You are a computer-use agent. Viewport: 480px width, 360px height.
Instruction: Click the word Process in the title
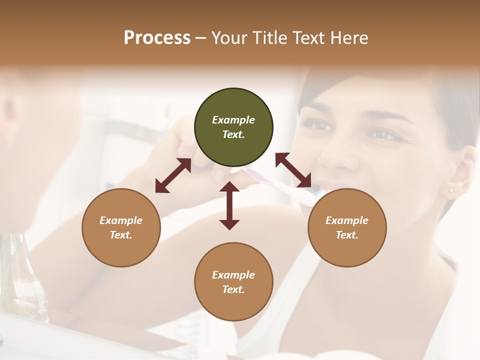(157, 38)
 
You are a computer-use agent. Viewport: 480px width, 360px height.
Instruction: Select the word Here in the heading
(349, 38)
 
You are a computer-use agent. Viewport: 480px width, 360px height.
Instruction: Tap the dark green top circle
(233, 127)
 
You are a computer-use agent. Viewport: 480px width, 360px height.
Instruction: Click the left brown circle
(121, 227)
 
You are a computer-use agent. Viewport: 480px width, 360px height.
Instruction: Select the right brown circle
(347, 227)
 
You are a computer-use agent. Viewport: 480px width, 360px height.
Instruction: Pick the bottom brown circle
(233, 282)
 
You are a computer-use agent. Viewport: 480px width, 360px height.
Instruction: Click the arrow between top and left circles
(173, 175)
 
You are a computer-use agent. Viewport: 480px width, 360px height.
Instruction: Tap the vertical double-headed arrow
(229, 205)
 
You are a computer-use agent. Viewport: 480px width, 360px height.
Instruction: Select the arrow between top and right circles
(293, 170)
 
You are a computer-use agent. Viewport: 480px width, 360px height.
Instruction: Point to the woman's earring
(450, 190)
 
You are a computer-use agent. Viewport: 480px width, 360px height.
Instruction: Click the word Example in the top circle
(233, 120)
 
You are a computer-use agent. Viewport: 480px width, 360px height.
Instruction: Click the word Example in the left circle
(121, 220)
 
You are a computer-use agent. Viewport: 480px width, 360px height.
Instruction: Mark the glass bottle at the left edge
(20, 280)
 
